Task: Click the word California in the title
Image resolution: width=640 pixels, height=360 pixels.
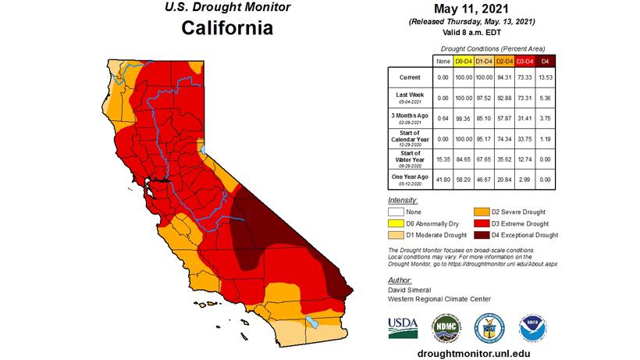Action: point(227,29)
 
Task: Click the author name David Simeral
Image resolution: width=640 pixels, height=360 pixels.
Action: point(413,289)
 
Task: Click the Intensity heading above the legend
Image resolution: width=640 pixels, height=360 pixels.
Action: point(403,201)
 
